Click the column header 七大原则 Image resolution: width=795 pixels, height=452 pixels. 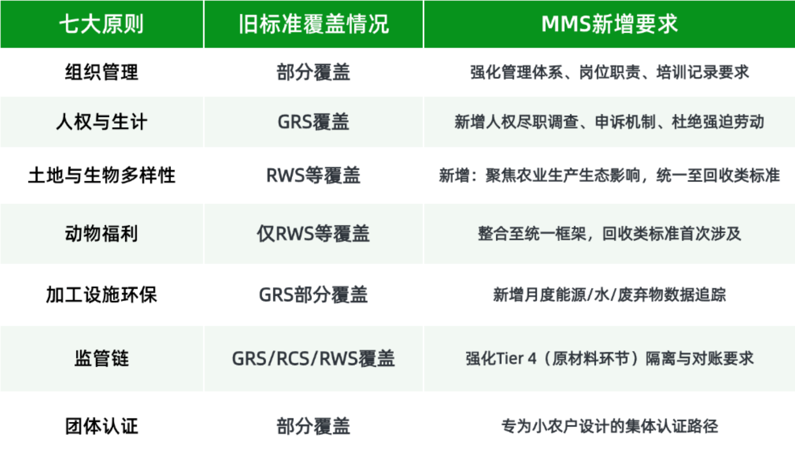click(102, 24)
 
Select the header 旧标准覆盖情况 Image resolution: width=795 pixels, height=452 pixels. click(314, 24)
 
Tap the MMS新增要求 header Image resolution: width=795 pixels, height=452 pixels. click(609, 24)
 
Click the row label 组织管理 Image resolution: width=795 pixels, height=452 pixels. click(102, 72)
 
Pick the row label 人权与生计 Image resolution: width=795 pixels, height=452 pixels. click(102, 122)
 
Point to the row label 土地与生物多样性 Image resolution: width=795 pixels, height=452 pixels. click(102, 175)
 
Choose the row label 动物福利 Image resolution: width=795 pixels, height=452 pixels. click(102, 234)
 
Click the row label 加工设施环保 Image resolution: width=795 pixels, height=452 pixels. click(102, 295)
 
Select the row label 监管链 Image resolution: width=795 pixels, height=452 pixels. click(102, 358)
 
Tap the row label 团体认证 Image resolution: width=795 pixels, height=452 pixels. click(102, 426)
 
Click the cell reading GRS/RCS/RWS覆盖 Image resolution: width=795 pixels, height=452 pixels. click(313, 358)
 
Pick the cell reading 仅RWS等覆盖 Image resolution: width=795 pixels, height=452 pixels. click(313, 234)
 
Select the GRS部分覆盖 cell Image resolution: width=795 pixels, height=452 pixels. click(313, 295)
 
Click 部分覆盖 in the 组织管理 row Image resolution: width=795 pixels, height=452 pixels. click(313, 72)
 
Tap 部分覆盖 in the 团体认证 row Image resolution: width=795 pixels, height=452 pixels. click(313, 426)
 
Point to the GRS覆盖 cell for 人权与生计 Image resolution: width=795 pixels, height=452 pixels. click(313, 122)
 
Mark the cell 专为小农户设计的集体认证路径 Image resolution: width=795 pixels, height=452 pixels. click(609, 426)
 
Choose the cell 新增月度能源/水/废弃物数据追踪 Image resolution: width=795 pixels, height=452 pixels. click(609, 295)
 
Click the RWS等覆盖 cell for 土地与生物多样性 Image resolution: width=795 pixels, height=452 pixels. click(313, 175)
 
